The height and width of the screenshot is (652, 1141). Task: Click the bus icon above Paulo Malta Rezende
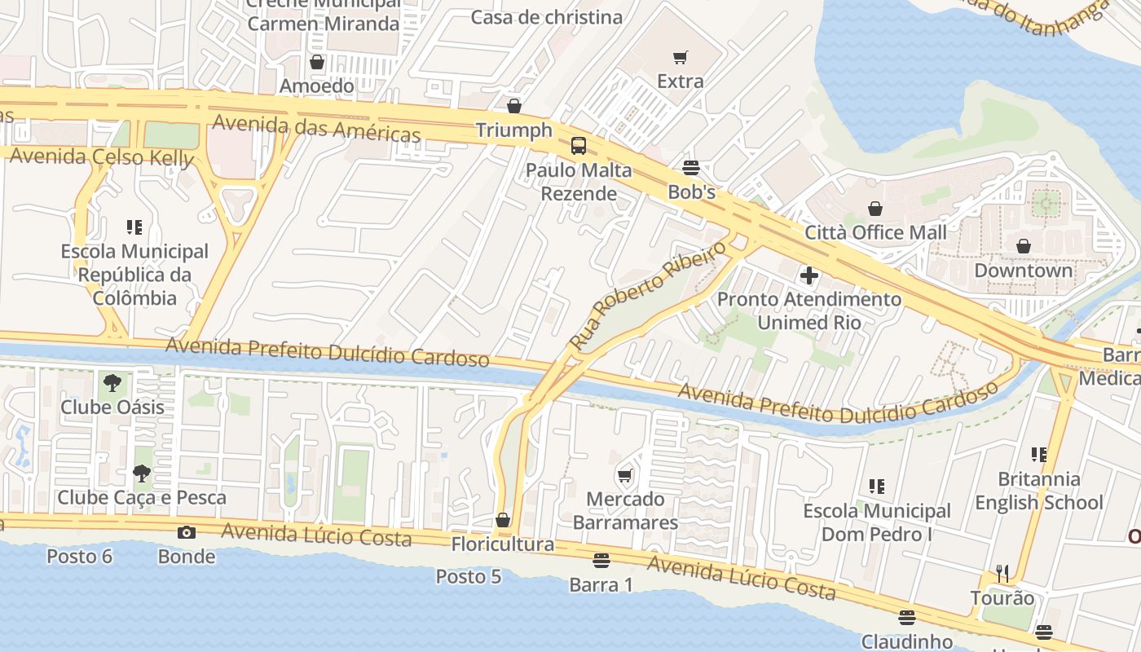click(579, 146)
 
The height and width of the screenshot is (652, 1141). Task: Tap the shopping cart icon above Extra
click(681, 57)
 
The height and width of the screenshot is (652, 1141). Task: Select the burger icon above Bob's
click(691, 168)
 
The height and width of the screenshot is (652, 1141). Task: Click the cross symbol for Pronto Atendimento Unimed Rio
click(809, 275)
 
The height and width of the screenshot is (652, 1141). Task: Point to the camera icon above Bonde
click(187, 532)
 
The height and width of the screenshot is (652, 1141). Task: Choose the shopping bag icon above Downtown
click(1024, 245)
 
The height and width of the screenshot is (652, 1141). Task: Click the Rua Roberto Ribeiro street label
click(648, 295)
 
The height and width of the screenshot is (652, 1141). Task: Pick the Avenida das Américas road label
click(316, 129)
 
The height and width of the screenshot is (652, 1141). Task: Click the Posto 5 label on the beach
click(469, 576)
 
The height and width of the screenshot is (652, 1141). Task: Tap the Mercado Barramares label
click(626, 510)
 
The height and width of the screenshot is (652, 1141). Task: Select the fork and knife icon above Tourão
click(1002, 574)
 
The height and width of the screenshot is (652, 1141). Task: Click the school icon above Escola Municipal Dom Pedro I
click(877, 487)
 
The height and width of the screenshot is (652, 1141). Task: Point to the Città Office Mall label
click(876, 232)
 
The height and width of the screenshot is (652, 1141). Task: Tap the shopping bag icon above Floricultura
click(503, 520)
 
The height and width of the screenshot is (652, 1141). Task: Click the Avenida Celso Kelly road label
click(102, 156)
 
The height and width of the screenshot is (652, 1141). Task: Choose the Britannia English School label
click(1039, 491)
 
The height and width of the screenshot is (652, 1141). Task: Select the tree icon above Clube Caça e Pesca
click(142, 473)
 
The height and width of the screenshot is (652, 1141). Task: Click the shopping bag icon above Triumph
click(514, 106)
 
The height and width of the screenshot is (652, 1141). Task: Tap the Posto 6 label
click(79, 557)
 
